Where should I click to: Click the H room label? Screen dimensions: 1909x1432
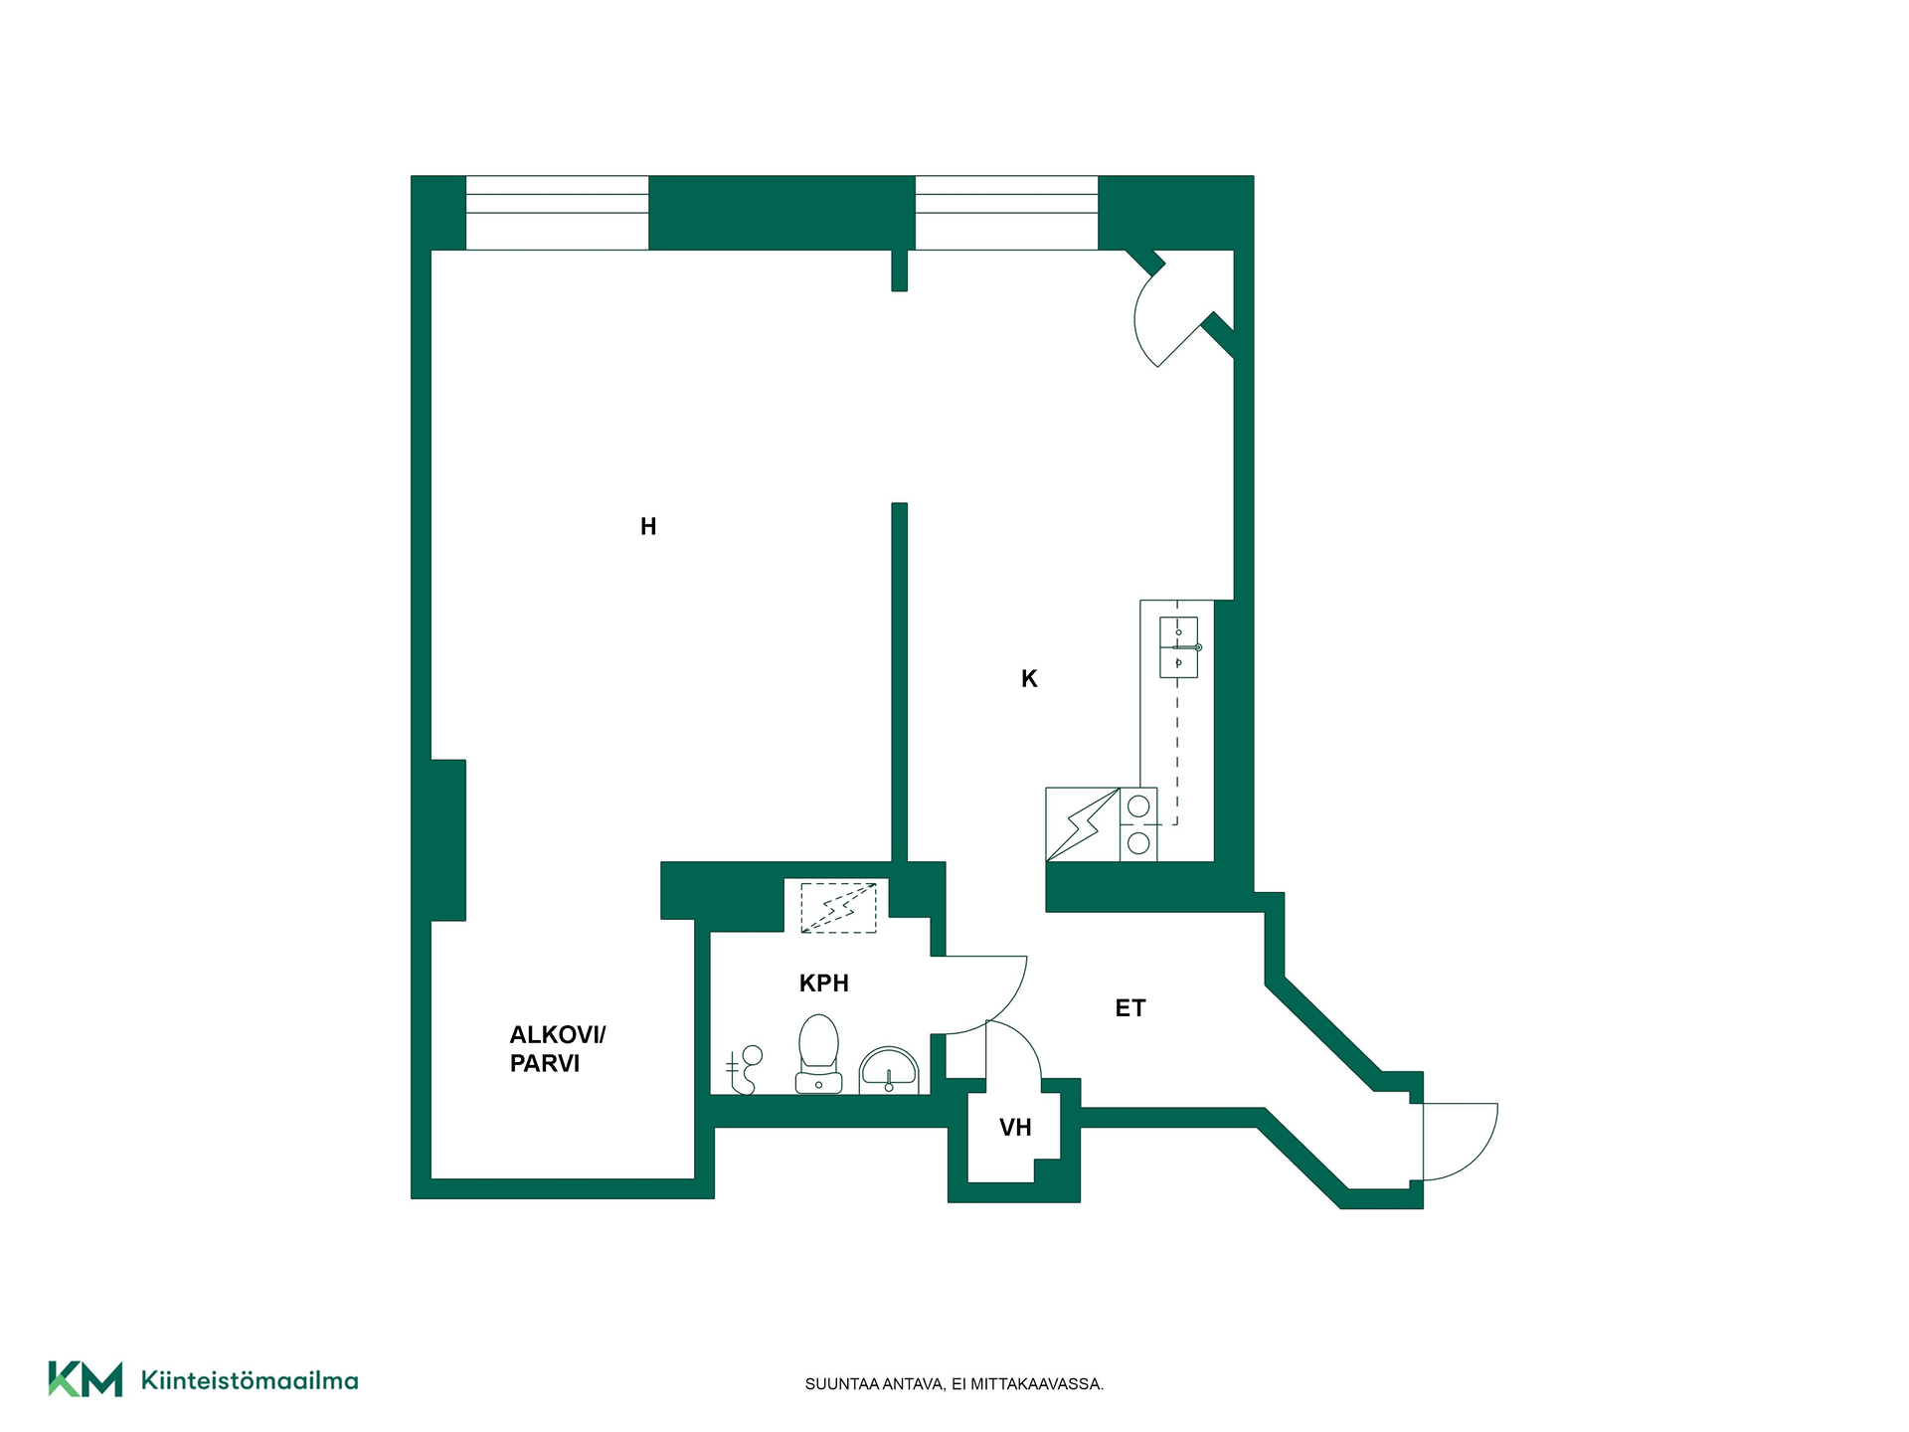[648, 527]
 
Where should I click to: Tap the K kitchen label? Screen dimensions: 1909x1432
[1029, 679]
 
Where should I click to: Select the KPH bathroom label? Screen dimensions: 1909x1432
[824, 984]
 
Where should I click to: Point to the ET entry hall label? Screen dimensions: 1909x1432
[1130, 1008]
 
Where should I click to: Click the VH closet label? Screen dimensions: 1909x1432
[1015, 1128]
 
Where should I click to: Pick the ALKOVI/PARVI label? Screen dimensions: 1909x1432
[558, 1049]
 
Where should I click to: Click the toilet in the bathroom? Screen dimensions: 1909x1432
[818, 1054]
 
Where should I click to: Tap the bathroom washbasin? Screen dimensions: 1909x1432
[889, 1070]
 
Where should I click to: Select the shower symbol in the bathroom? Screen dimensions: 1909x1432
[745, 1070]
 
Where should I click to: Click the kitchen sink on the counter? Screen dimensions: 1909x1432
[1179, 647]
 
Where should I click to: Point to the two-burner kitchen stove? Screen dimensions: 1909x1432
[1139, 824]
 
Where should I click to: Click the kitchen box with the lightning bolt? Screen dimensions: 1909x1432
[1083, 824]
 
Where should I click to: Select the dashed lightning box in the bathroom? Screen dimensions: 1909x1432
[839, 907]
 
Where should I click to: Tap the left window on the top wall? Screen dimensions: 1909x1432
[558, 213]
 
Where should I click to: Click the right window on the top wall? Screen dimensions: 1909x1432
[1006, 213]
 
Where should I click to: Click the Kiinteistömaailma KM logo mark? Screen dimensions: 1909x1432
[86, 1379]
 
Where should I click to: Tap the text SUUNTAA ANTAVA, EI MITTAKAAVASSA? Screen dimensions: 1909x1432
[954, 1384]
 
